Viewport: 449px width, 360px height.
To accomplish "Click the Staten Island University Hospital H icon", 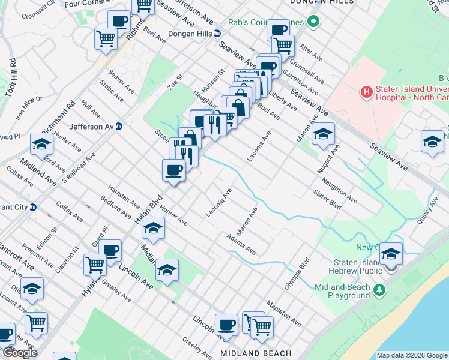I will tap(366, 92).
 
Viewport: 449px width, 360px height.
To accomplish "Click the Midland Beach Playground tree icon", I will tap(379, 290).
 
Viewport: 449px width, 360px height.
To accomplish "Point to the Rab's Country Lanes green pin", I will tap(313, 23).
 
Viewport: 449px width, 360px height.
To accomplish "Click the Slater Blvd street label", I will tap(327, 199).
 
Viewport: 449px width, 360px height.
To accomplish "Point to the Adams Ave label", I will tap(241, 244).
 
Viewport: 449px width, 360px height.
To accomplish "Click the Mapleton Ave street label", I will tap(283, 313).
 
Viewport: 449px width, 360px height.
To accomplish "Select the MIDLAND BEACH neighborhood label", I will tap(256, 353).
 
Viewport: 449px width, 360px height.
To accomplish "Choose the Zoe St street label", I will tap(175, 82).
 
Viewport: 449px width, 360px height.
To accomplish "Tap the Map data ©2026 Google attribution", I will tap(412, 355).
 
